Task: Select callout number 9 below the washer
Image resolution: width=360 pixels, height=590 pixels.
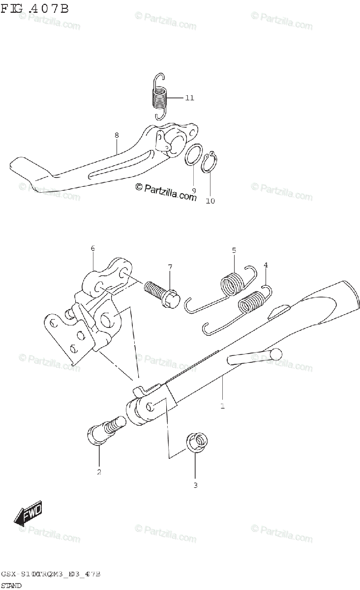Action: (194, 190)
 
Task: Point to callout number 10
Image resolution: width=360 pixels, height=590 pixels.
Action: (210, 201)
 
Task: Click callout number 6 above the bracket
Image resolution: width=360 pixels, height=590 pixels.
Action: (92, 249)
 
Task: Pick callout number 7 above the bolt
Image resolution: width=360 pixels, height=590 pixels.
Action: (170, 267)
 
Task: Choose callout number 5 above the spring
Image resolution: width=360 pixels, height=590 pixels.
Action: (234, 250)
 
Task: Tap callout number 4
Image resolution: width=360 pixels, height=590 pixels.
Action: (266, 265)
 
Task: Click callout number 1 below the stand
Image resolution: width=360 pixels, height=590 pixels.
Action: (222, 406)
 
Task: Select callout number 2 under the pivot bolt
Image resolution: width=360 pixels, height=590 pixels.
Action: (99, 472)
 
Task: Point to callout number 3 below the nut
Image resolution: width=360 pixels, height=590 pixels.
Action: (195, 486)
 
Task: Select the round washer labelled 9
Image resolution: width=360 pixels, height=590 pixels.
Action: (194, 155)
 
